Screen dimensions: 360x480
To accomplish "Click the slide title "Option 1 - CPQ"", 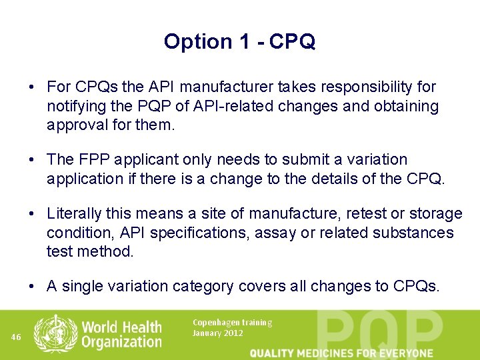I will (x=239, y=42).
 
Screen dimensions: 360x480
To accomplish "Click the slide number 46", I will (x=17, y=337).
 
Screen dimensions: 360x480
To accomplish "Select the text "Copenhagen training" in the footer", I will (x=232, y=323).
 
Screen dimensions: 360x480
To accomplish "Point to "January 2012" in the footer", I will (x=217, y=333).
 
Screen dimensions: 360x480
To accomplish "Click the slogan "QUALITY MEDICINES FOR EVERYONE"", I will (x=341, y=353).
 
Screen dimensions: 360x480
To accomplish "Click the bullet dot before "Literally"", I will (x=31, y=214).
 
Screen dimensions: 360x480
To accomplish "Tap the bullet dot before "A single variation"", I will (x=31, y=287).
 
